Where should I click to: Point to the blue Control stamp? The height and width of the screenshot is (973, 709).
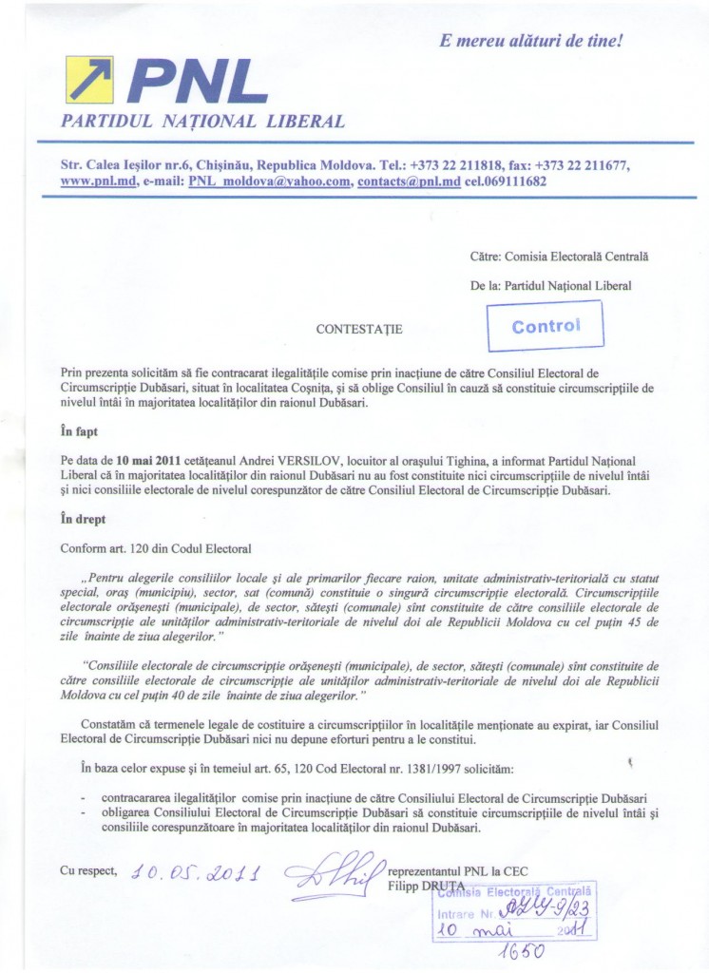[546, 326]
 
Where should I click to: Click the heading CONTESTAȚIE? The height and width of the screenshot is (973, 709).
[359, 330]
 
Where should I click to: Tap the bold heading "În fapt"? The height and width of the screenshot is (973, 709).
[79, 430]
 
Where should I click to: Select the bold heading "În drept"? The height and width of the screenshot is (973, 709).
[83, 520]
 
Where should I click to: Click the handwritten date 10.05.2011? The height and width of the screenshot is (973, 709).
[200, 873]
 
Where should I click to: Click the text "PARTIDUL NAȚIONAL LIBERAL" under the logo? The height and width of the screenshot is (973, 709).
[202, 121]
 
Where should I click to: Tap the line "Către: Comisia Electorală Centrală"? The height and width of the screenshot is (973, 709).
[560, 257]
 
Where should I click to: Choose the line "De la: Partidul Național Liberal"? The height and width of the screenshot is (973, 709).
[550, 284]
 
